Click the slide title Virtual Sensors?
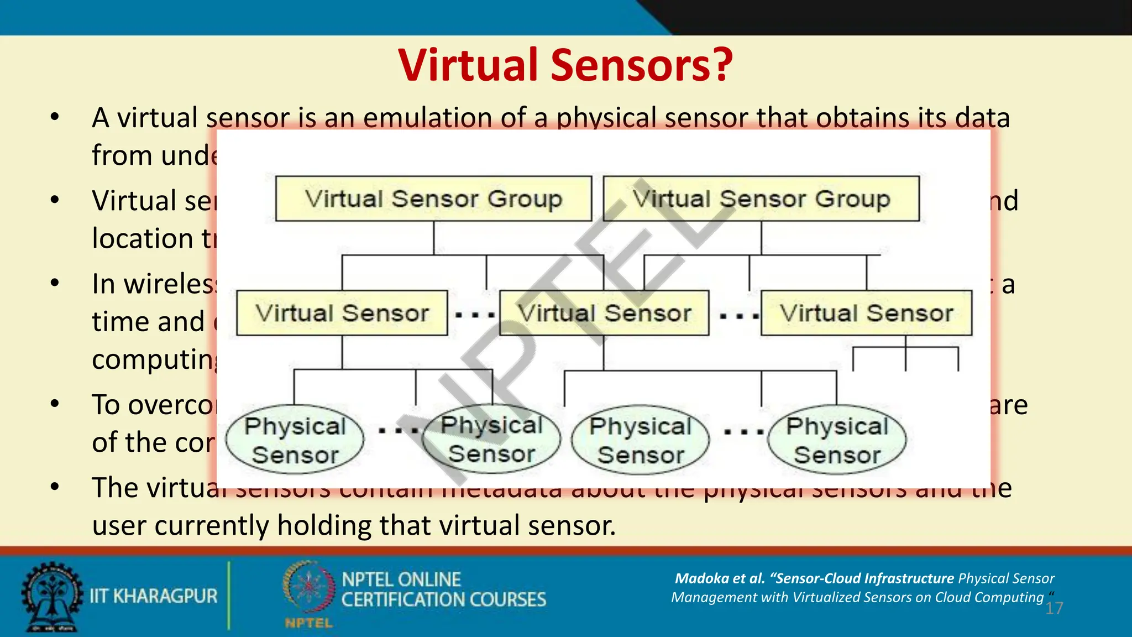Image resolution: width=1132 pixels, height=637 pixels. click(x=565, y=65)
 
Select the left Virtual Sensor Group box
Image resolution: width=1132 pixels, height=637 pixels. click(x=433, y=199)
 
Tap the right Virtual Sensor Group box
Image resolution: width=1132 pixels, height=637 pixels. click(x=761, y=199)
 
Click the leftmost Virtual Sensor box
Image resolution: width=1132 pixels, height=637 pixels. click(x=342, y=313)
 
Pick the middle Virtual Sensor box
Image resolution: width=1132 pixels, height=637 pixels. click(x=604, y=313)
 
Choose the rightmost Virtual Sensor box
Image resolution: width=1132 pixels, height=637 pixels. click(x=866, y=313)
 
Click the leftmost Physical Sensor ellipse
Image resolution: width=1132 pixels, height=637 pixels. click(x=295, y=440)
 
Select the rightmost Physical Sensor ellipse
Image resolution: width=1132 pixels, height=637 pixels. click(x=837, y=440)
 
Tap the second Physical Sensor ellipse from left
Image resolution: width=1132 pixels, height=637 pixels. click(x=491, y=439)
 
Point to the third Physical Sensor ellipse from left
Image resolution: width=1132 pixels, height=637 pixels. click(x=641, y=440)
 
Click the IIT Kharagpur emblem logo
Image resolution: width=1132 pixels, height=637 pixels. click(x=51, y=597)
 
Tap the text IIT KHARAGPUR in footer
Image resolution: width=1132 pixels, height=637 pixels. click(x=154, y=596)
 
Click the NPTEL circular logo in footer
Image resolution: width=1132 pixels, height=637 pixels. click(x=308, y=589)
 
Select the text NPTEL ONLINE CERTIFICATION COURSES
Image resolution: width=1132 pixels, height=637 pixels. click(x=443, y=589)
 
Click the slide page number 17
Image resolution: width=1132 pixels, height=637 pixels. click(x=1054, y=609)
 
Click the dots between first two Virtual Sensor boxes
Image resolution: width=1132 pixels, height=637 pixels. click(x=474, y=315)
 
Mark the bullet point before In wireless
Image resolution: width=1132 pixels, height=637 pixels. click(x=54, y=284)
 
